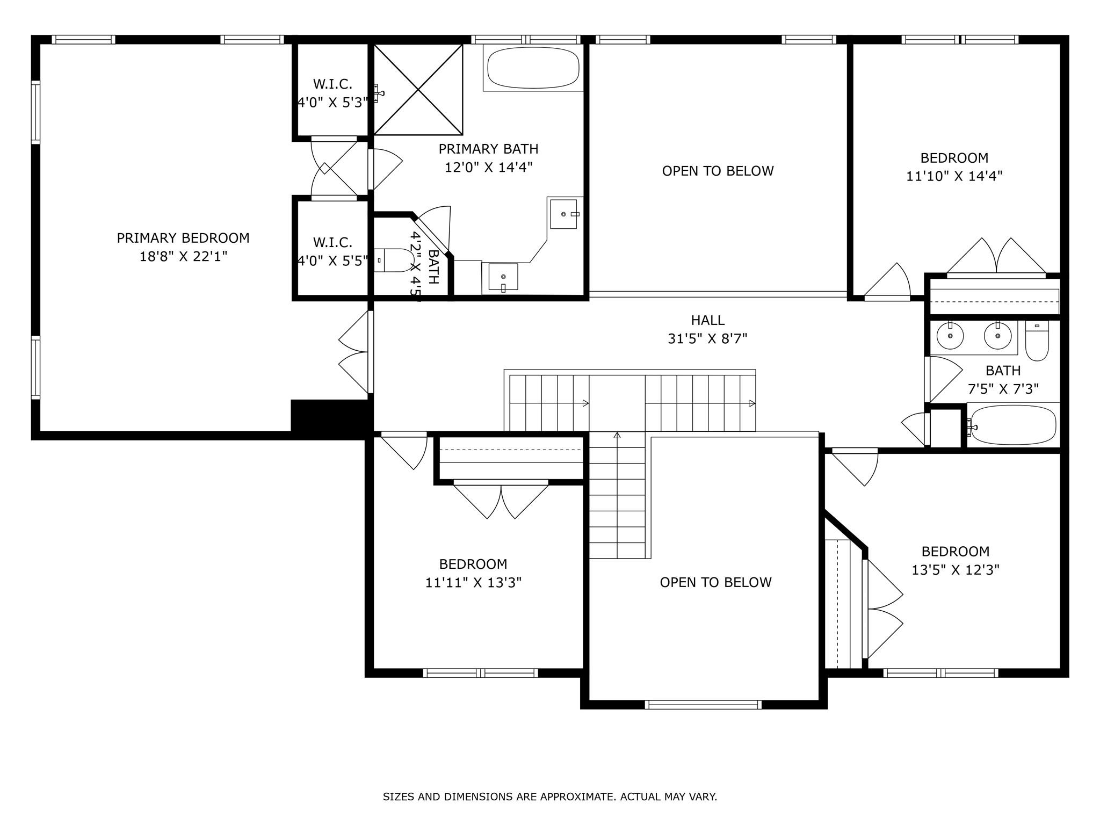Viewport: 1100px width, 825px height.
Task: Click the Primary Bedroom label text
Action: (x=183, y=238)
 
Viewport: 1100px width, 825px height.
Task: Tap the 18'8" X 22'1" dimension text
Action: (x=183, y=256)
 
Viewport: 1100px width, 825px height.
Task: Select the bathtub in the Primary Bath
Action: (x=533, y=68)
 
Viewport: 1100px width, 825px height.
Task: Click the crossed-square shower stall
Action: (x=418, y=89)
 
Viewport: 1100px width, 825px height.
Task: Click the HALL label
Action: (x=707, y=320)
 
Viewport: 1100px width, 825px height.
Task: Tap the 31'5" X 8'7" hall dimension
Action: (x=707, y=338)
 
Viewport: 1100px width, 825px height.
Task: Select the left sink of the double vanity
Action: (x=950, y=336)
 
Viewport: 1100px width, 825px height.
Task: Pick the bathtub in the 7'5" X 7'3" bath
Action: (x=1014, y=425)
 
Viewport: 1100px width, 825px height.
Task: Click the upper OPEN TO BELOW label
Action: (x=718, y=171)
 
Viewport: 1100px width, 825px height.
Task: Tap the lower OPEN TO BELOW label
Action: (x=715, y=582)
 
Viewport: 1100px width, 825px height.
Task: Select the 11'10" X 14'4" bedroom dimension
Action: (x=954, y=176)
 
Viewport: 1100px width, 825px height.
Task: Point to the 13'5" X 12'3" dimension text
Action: (x=955, y=569)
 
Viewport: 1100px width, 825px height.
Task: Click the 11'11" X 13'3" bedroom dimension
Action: (x=473, y=582)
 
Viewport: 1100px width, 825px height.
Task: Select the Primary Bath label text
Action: (x=488, y=149)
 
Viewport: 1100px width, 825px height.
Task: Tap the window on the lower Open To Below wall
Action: (x=703, y=705)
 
